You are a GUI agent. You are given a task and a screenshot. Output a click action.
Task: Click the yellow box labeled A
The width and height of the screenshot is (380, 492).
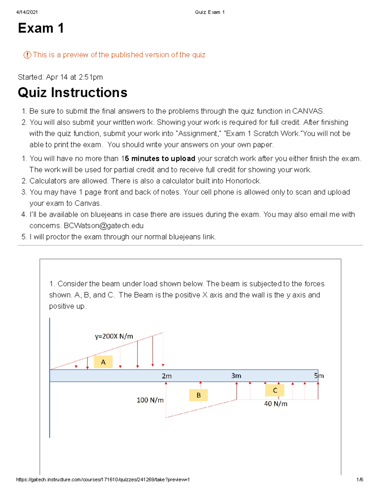coord(103,362)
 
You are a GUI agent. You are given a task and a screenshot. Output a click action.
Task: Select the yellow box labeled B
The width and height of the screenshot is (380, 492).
coord(199,395)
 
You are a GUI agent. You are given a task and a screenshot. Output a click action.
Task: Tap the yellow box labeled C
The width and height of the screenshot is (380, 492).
coord(275,390)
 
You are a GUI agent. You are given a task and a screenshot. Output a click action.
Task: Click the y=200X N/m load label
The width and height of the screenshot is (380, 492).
coord(114,336)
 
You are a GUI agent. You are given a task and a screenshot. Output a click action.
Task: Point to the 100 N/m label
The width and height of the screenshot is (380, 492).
coord(150,400)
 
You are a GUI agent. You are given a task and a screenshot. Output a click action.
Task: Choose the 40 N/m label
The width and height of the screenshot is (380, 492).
coord(276,404)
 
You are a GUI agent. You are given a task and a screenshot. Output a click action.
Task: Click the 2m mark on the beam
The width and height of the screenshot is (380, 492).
coord(167,376)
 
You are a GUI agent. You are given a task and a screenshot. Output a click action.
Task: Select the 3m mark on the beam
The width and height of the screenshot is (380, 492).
coord(236,376)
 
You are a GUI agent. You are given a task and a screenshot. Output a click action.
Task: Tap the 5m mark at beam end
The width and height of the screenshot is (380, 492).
coord(319,376)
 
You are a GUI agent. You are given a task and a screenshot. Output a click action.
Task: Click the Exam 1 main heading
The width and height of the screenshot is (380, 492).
coord(41,28)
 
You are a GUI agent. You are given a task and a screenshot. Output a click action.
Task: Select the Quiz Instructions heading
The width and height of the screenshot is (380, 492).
coord(73,93)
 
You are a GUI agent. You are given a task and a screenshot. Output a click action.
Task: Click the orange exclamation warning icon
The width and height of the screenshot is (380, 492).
coord(27,55)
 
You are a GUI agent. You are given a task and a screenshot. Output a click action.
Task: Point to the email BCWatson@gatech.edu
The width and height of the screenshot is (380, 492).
coord(104,226)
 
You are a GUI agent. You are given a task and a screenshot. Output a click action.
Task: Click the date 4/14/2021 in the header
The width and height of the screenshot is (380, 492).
coord(27,12)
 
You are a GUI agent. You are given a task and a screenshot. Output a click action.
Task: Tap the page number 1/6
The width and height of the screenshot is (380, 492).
coord(359,480)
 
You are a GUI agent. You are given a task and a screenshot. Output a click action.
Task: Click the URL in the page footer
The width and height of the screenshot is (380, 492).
coord(103,480)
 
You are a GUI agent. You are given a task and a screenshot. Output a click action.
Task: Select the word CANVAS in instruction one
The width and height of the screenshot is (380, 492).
coord(308,111)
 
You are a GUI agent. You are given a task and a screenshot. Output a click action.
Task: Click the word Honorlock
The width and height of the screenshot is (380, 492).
coord(243,181)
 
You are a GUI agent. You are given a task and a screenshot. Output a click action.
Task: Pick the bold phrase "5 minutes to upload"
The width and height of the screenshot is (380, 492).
coord(160,158)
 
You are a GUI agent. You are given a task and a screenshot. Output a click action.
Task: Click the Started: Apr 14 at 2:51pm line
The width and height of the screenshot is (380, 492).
coord(60,77)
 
